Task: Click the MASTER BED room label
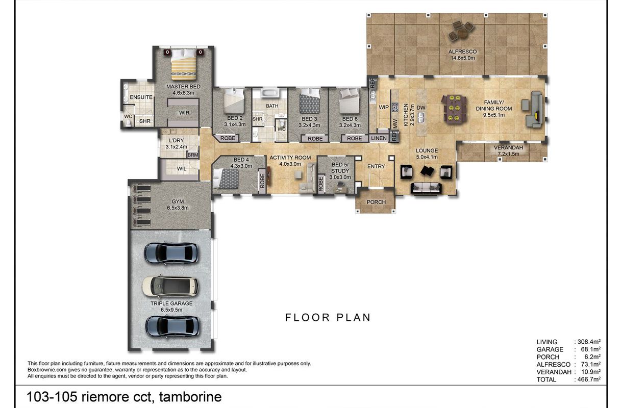tap(183, 87)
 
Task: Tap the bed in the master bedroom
tap(183, 64)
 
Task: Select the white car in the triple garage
tap(170, 286)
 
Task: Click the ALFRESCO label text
tap(462, 52)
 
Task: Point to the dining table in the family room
tap(454, 109)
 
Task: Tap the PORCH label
tap(376, 202)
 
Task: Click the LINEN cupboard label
tap(379, 138)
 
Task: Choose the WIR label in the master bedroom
tap(184, 113)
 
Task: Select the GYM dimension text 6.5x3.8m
tap(178, 208)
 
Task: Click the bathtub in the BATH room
tap(270, 93)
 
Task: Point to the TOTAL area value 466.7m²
tap(589, 379)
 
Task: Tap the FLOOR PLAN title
tap(328, 318)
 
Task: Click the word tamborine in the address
tap(190, 397)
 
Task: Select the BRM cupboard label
tap(193, 155)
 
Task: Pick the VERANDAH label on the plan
tap(508, 148)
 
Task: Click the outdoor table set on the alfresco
tap(461, 31)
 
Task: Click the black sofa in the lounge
tap(426, 188)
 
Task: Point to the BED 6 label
tap(350, 119)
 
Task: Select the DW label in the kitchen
tap(421, 108)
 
